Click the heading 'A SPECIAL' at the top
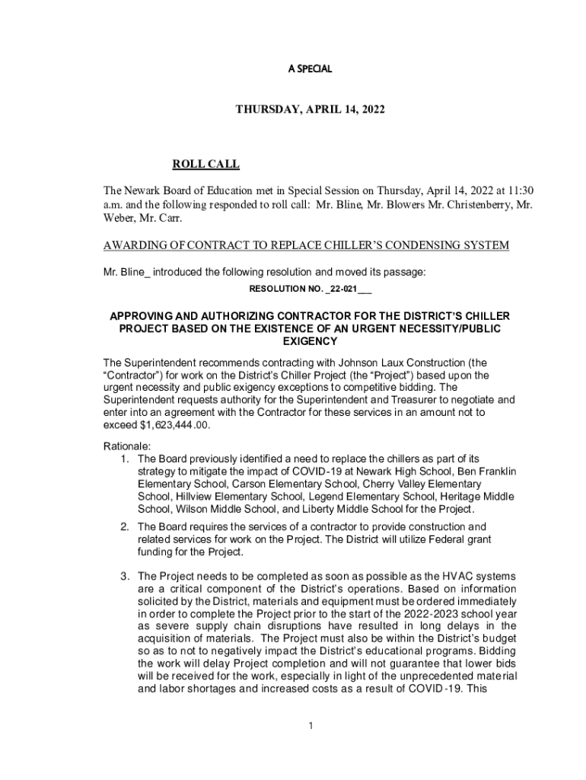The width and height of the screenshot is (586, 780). (310, 69)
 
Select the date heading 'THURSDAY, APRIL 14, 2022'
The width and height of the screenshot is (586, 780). (310, 110)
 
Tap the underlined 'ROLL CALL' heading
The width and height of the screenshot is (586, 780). (205, 164)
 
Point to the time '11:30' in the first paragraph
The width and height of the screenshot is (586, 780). (529, 190)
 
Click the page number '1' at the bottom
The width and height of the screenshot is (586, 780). (311, 725)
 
